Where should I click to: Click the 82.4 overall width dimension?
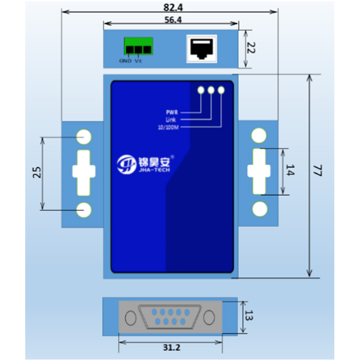point(169,7)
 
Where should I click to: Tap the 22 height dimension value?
point(252,48)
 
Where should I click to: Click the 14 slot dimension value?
point(290,171)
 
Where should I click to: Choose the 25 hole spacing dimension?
point(37,172)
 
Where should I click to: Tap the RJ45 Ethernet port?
point(202,48)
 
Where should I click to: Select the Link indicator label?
point(171,119)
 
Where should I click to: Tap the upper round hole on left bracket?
point(84,137)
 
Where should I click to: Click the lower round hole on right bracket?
point(259,209)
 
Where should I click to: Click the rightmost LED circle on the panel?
point(221,90)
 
